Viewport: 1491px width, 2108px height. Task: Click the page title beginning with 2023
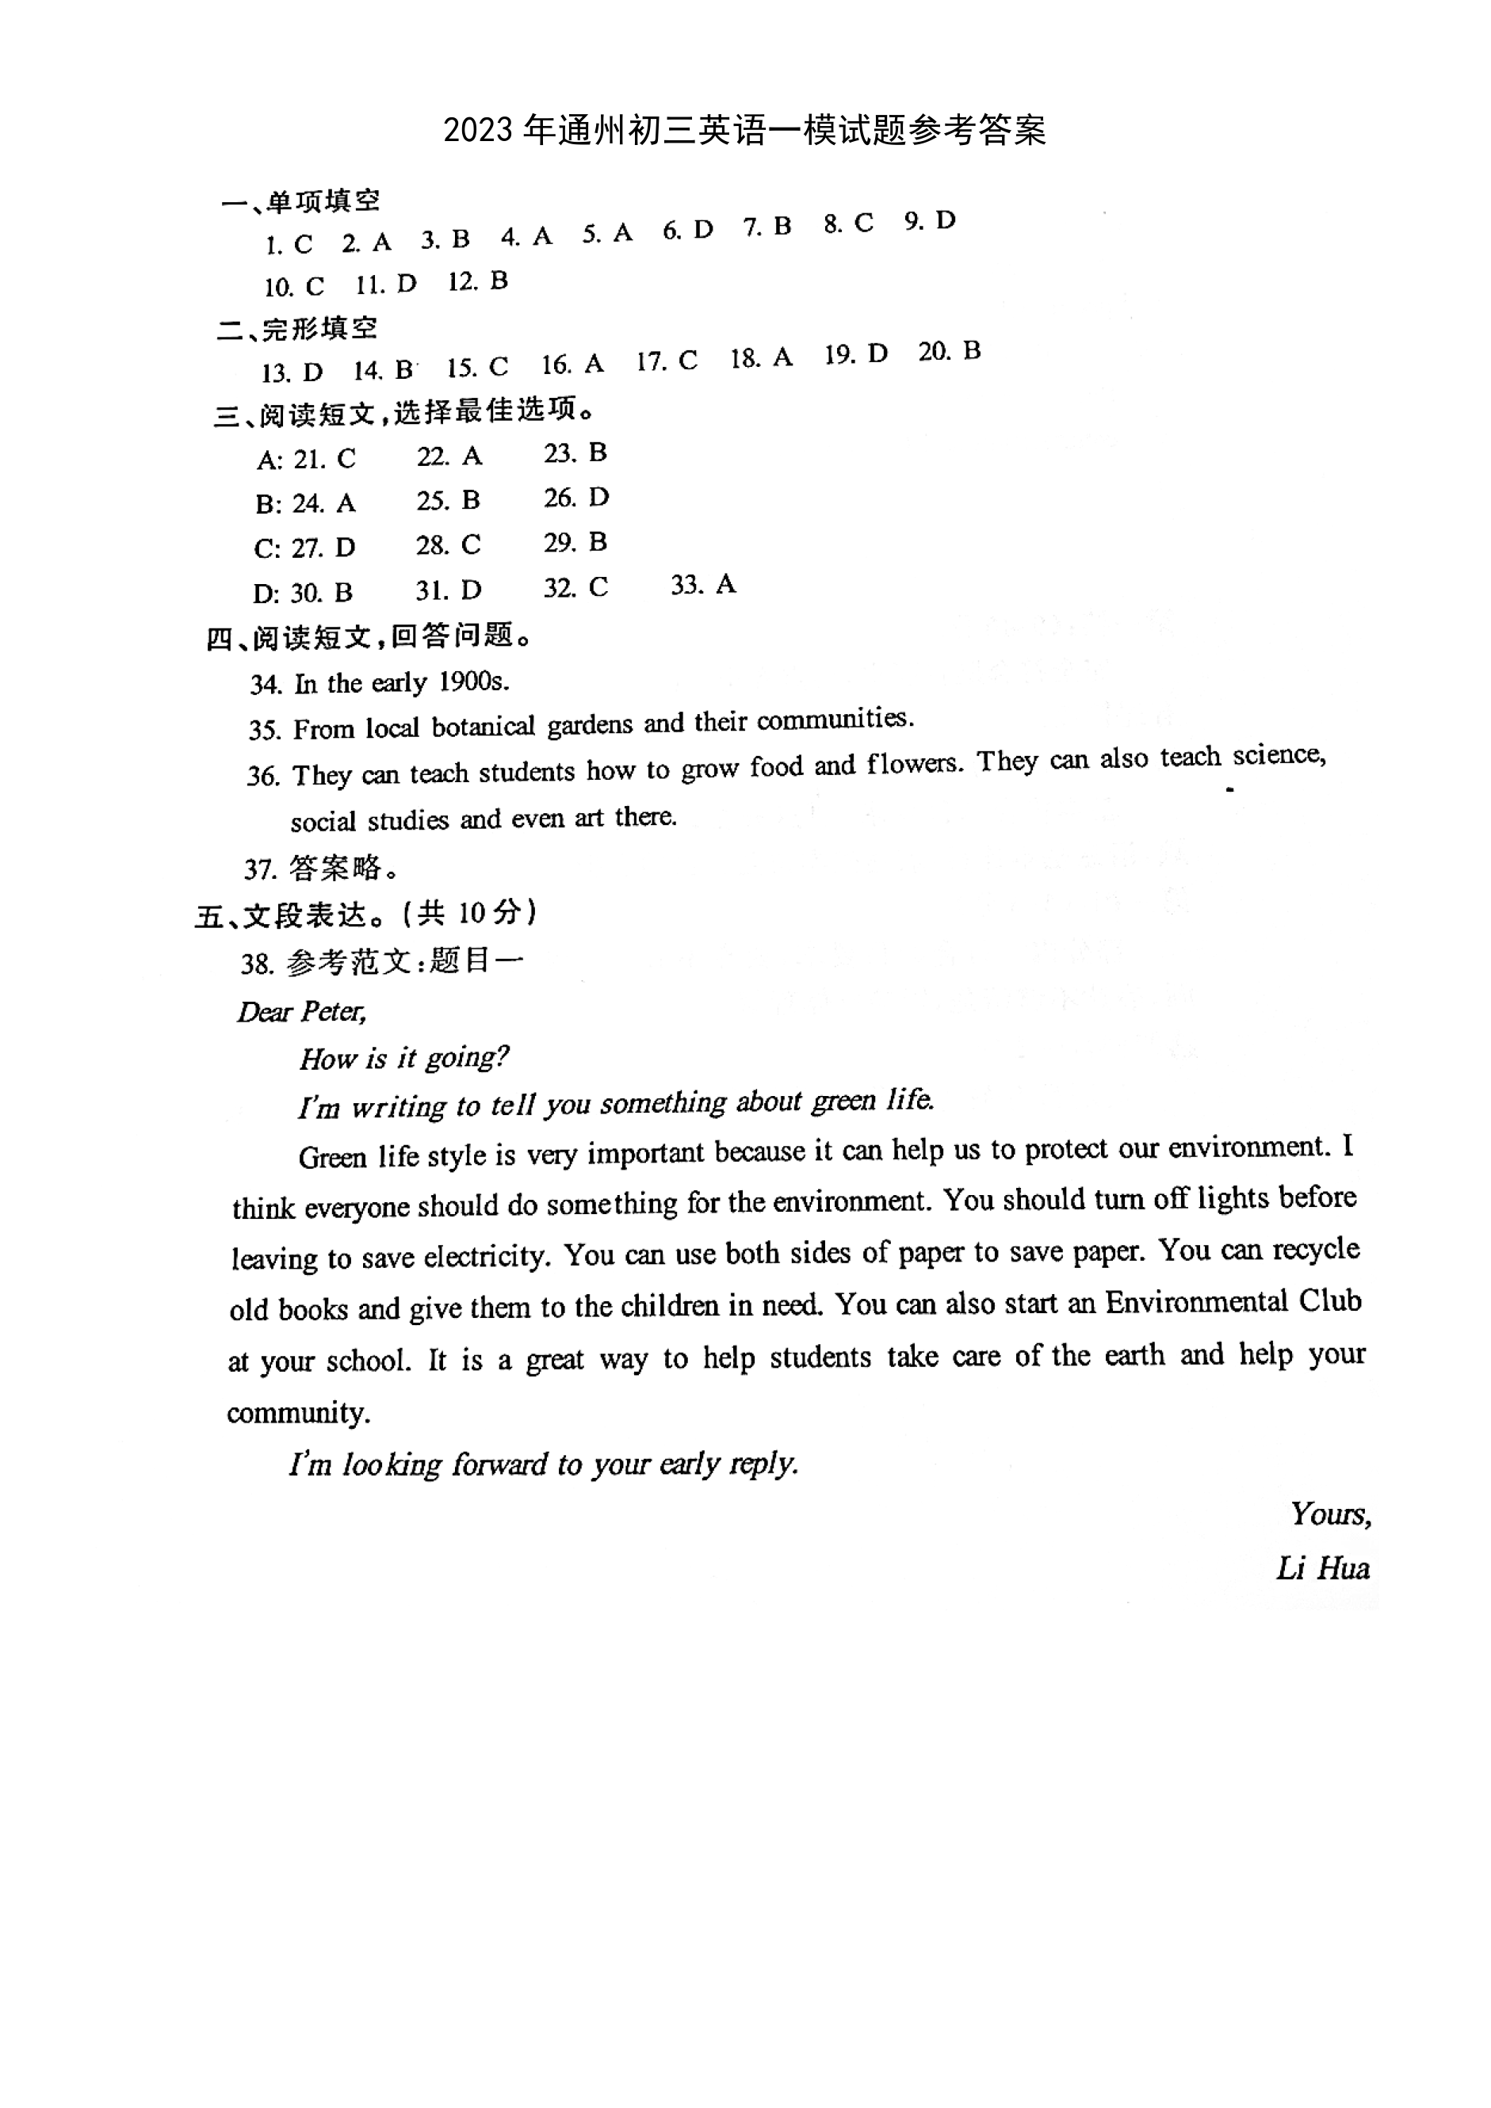pos(744,131)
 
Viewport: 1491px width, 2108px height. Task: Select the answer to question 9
pos(946,220)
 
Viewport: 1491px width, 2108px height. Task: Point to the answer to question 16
pos(594,365)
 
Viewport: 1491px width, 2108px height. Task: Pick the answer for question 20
pos(971,351)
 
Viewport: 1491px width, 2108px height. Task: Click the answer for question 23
pos(598,453)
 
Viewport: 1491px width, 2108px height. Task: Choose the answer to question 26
pos(598,498)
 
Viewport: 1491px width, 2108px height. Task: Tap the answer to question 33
pos(725,584)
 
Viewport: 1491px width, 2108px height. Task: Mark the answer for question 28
pos(471,544)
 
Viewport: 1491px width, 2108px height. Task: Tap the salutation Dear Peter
pos(302,1012)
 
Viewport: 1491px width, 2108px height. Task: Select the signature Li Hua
pos(1322,1569)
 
